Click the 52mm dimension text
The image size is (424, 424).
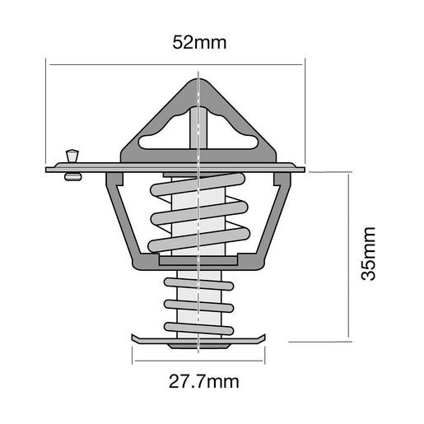coord(200,41)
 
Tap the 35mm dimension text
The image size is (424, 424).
coord(369,254)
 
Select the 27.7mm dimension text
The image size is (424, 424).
coord(199,381)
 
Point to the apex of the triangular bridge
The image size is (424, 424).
coord(199,80)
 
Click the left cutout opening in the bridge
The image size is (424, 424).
coord(167,136)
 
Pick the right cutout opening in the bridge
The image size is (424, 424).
coord(231,136)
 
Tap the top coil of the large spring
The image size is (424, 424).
coord(199,188)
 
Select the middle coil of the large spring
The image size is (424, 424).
coord(199,215)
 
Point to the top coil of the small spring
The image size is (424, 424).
coord(199,284)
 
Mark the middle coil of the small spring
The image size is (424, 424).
coord(199,305)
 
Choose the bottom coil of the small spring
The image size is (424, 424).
coord(199,327)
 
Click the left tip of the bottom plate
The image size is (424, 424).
coord(133,337)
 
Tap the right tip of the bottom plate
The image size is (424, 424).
coord(265,337)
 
